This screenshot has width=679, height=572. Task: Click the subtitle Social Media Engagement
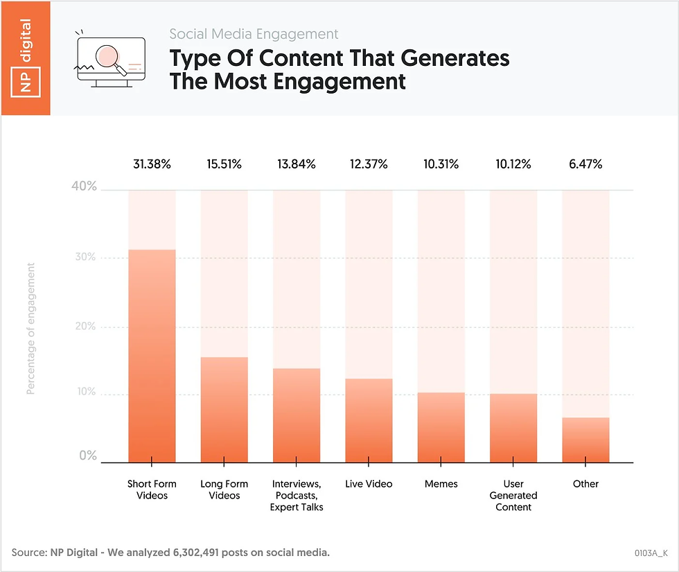[x=254, y=34]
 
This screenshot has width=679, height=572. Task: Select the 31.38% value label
[x=152, y=164]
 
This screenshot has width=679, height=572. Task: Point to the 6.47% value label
[x=585, y=164]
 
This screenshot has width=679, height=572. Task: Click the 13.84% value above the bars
[x=297, y=164]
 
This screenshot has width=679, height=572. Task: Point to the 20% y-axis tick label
[x=87, y=327]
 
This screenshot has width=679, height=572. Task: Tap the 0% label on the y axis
[x=88, y=456]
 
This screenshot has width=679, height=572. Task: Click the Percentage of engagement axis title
[x=31, y=329]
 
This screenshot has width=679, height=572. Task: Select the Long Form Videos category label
[x=224, y=489]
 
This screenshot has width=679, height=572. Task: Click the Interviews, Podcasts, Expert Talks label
[x=297, y=495]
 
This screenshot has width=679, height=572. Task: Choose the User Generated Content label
[x=513, y=495]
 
